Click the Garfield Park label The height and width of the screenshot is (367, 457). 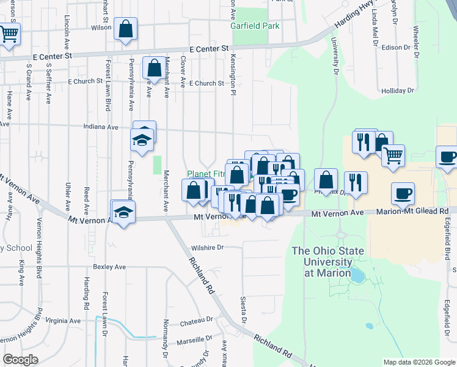pos(255,26)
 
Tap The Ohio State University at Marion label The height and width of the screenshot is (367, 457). pos(328,261)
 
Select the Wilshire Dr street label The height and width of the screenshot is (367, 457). pos(207,248)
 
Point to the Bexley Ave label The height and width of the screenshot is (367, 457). pos(109,267)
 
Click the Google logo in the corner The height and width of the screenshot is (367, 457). pos(20,359)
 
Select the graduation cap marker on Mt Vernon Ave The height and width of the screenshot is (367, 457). pos(123,212)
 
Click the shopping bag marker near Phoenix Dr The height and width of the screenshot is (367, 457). pos(327,180)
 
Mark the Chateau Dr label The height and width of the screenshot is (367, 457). pos(197,319)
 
